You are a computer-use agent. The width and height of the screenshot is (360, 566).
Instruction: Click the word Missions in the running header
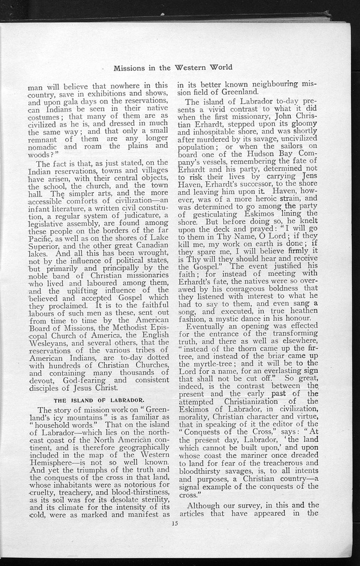coord(133,67)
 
